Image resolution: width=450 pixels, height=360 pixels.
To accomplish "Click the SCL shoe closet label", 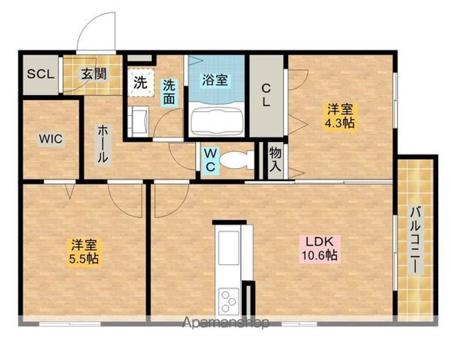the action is pos(41,74).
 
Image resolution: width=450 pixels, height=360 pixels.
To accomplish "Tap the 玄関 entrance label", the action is pos(94,74).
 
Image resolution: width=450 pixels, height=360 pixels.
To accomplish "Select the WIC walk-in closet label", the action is pos(51,139).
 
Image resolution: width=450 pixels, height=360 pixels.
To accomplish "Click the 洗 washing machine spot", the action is pos(141,82).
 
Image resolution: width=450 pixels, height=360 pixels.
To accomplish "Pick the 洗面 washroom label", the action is pos(169,92).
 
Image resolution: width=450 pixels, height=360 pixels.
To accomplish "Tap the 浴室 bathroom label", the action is pos(215,80).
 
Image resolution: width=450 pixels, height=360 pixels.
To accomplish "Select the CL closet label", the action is pos(266,96).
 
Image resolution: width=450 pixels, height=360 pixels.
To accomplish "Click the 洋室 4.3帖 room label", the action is pos(340,116).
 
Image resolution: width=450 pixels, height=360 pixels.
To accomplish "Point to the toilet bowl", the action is pos(236,160).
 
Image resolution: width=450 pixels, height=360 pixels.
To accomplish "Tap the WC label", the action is pos(211,160).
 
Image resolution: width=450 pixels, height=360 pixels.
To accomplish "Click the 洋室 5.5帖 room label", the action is pos(84,252).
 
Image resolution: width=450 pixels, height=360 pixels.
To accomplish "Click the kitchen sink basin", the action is pos(229,247).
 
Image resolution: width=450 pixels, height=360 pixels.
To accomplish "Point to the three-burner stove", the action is pos(229,301).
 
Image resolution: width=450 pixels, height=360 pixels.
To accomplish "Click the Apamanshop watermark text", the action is pos(226,322).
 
